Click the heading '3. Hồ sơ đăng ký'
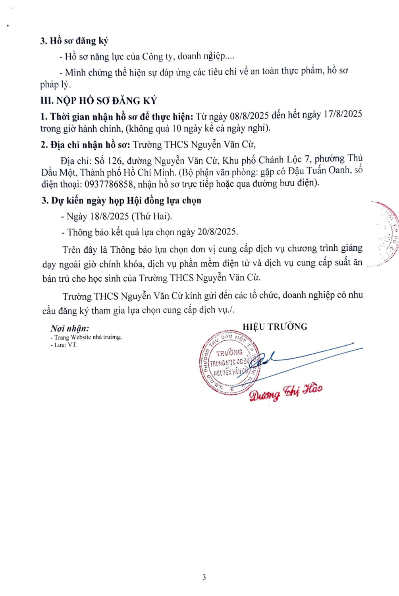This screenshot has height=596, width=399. [x=74, y=41]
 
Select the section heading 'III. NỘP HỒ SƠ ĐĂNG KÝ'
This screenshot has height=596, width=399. [x=98, y=101]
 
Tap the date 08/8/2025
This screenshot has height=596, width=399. [x=249, y=116]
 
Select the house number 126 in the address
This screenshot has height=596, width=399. [x=115, y=161]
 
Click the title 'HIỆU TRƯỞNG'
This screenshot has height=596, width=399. [x=275, y=327]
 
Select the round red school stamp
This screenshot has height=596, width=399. [x=229, y=362]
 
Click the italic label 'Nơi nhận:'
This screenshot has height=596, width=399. [x=70, y=328]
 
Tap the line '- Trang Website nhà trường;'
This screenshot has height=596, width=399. [x=86, y=337]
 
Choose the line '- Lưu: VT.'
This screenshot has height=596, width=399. [x=64, y=345]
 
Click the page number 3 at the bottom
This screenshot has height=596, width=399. [x=204, y=577]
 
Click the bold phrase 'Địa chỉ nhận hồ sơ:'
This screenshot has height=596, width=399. [x=85, y=145]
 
